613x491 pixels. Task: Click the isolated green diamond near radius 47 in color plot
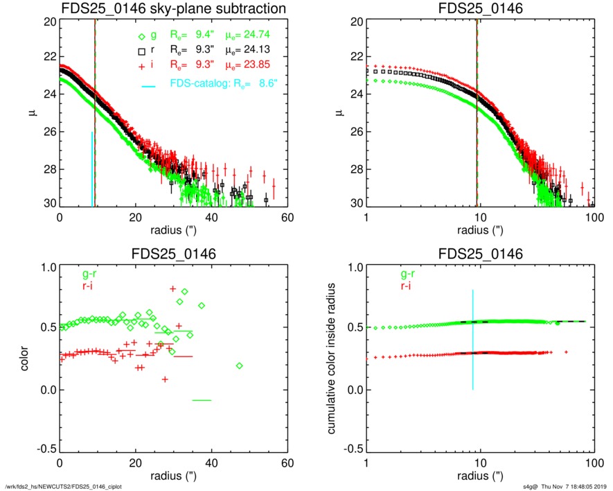click(x=240, y=365)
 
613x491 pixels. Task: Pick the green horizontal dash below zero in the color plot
click(x=202, y=400)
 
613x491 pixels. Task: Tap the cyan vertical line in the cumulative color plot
click(x=473, y=340)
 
